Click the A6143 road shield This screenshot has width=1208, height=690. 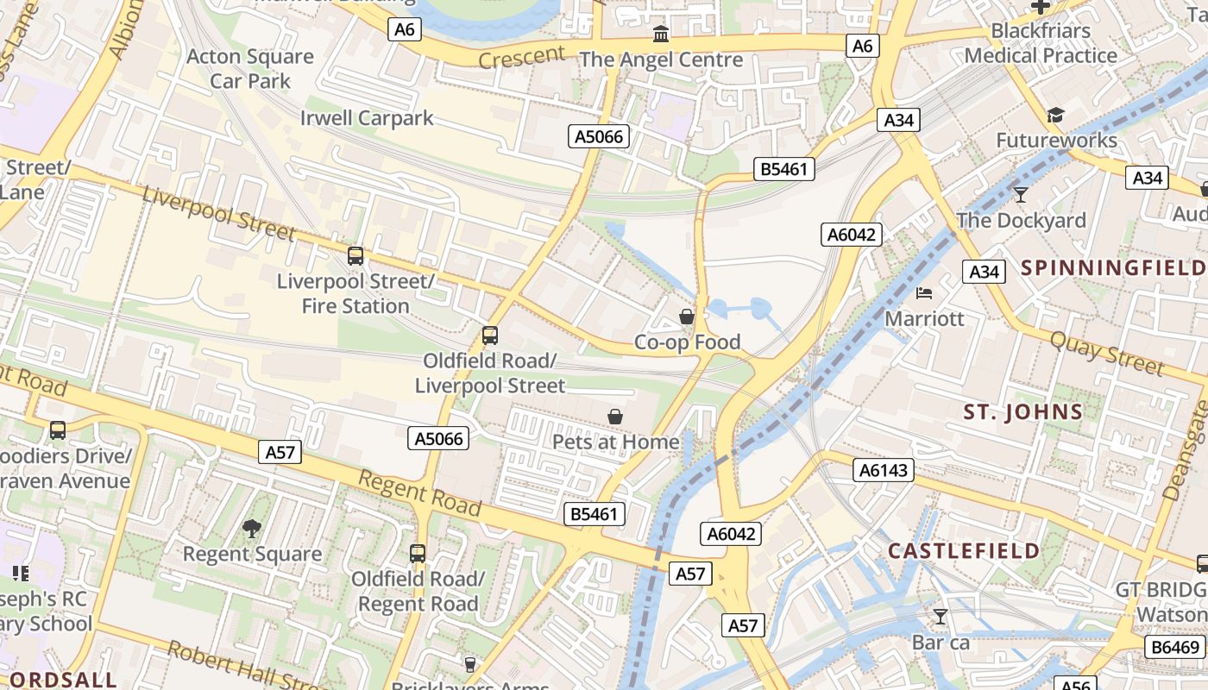tap(883, 470)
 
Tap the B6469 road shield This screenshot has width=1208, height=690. tap(1174, 647)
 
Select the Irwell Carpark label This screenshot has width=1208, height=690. tap(367, 118)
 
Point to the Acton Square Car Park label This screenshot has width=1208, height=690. tap(250, 69)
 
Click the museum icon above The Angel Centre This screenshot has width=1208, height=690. tap(661, 34)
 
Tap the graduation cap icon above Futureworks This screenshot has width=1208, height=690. tap(1055, 116)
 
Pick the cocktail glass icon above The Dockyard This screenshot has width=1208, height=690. tap(1021, 195)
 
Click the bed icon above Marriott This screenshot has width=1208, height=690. tap(924, 293)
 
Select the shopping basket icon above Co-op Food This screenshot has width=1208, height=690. tap(687, 317)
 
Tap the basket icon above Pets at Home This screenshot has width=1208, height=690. tap(615, 417)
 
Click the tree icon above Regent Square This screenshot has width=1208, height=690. tap(251, 528)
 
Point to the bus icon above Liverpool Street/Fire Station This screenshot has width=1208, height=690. tap(355, 256)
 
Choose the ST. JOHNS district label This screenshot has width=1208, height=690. tap(1023, 412)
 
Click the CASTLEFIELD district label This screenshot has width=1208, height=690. tap(964, 551)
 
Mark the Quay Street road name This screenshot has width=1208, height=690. tap(1106, 354)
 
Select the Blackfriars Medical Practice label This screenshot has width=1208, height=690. tap(1041, 43)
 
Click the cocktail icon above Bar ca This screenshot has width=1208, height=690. tap(941, 617)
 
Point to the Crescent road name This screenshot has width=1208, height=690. tap(521, 57)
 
